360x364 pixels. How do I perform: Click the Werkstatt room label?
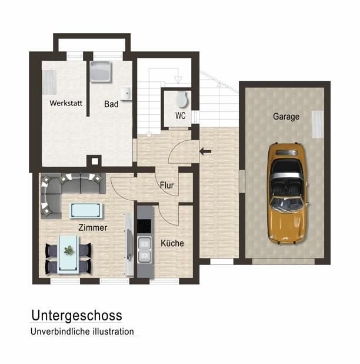click(x=66, y=103)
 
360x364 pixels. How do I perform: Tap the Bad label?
click(x=111, y=104)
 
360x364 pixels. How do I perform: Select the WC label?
click(x=181, y=115)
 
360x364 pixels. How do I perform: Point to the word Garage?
click(x=286, y=117)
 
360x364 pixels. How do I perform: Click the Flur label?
click(x=167, y=186)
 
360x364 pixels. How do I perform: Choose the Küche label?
click(x=172, y=243)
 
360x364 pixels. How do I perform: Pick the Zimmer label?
click(x=93, y=227)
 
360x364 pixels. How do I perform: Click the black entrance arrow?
click(x=205, y=151)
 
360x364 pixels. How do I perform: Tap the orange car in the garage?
click(x=288, y=193)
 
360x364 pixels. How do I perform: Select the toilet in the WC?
click(x=182, y=99)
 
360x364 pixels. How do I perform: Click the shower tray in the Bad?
click(x=101, y=72)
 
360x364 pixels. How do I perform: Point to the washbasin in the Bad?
click(x=126, y=94)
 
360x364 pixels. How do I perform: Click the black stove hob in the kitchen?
click(x=145, y=226)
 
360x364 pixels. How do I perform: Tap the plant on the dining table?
click(x=69, y=250)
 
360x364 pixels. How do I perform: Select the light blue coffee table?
click(x=86, y=210)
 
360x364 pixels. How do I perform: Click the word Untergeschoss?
click(x=76, y=316)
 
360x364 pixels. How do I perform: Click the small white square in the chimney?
click(x=95, y=161)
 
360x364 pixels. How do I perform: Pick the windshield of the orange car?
click(x=286, y=204)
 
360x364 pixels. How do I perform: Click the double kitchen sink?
click(x=145, y=250)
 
